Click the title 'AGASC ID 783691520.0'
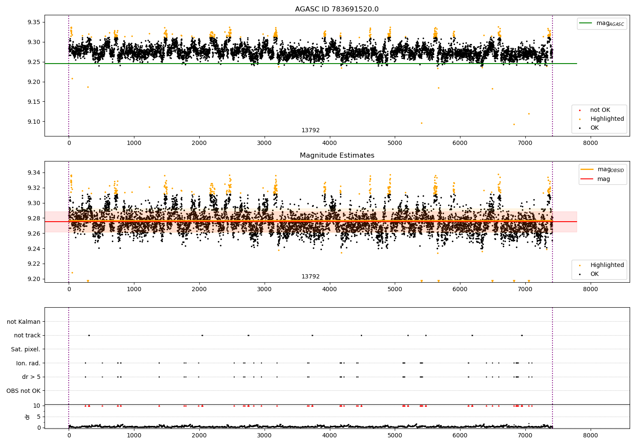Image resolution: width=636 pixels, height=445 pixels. tap(337, 9)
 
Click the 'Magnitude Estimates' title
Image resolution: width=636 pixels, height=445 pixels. tap(337, 155)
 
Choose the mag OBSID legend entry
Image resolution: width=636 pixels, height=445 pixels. tap(603, 170)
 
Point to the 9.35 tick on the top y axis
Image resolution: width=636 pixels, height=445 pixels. tap(34, 22)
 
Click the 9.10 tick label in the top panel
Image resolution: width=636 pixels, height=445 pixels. tap(34, 122)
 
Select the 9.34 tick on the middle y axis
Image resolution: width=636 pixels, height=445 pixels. tap(34, 172)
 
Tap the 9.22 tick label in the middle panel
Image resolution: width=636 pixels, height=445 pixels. tap(34, 264)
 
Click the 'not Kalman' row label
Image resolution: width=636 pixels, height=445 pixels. tap(24, 322)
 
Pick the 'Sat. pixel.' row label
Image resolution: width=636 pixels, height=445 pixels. tap(25, 349)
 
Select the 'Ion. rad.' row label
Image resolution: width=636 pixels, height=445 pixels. tap(28, 363)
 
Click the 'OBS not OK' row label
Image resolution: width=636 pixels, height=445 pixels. tap(23, 391)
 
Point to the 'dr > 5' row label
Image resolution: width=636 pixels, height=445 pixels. tap(31, 377)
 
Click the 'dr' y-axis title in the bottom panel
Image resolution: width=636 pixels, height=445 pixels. tap(27, 417)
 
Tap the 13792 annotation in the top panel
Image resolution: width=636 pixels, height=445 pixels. tap(310, 130)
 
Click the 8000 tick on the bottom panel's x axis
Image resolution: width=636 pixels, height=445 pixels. tap(591, 435)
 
